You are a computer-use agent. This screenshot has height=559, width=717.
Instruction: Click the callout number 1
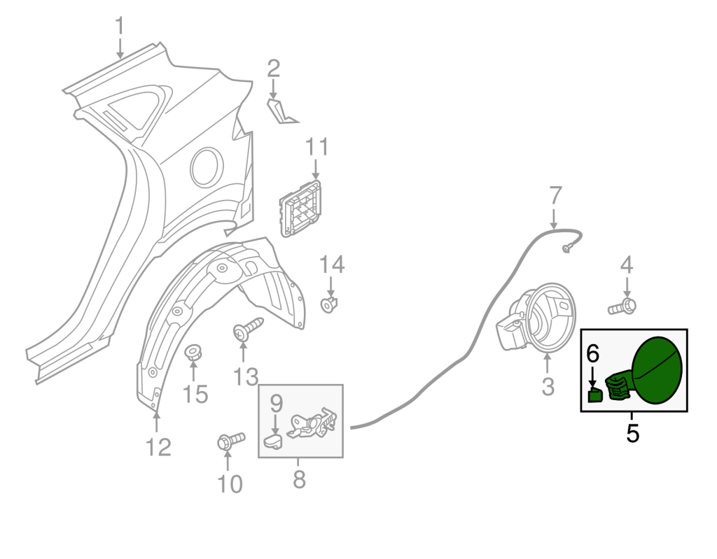(120, 26)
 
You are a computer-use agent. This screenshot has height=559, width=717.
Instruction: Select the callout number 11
(316, 147)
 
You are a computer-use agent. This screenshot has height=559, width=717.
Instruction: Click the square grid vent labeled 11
(300, 208)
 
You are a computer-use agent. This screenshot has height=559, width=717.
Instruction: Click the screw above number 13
(248, 329)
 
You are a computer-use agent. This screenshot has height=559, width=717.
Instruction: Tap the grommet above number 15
(193, 353)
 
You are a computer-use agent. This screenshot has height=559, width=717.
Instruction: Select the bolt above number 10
(231, 441)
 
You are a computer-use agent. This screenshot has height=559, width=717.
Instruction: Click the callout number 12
(158, 447)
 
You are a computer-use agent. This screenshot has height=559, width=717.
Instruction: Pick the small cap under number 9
(273, 442)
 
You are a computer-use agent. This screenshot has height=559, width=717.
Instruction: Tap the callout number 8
(299, 479)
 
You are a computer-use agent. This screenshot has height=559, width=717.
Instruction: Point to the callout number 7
(555, 196)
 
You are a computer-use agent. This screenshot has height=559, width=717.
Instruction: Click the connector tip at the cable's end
(567, 248)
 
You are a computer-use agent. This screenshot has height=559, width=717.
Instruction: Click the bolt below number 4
(622, 306)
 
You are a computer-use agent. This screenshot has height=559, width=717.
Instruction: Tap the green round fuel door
(657, 370)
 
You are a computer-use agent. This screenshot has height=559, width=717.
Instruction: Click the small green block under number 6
(595, 395)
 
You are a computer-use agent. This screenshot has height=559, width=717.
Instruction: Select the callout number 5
(632, 433)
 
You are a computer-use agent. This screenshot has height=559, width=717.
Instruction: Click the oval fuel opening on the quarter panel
(207, 167)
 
